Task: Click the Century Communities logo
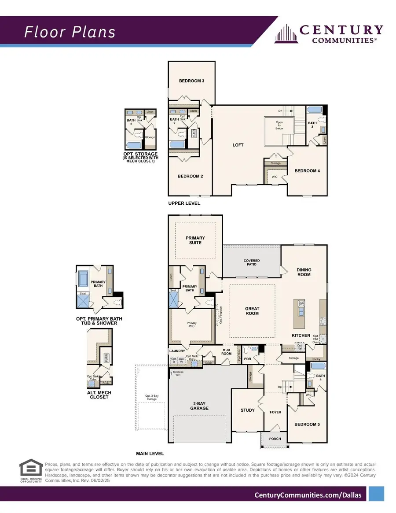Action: coord(329,33)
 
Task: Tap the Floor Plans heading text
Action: coord(70,32)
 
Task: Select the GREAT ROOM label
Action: coord(252,311)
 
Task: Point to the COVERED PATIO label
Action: coord(252,263)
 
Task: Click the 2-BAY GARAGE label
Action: coord(199,406)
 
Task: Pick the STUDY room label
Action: coord(247,410)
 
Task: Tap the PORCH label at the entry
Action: coord(275,439)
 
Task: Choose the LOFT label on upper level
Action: coord(238,145)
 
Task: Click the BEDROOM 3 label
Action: coord(191,81)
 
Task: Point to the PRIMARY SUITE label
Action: coord(195,240)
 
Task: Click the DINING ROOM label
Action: coord(304,272)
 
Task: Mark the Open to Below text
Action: coord(279,125)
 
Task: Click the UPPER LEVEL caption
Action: coord(184,203)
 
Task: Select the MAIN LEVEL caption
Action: coord(150,454)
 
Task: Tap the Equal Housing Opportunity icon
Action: coord(31,472)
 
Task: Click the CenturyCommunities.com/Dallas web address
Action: coord(308,495)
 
